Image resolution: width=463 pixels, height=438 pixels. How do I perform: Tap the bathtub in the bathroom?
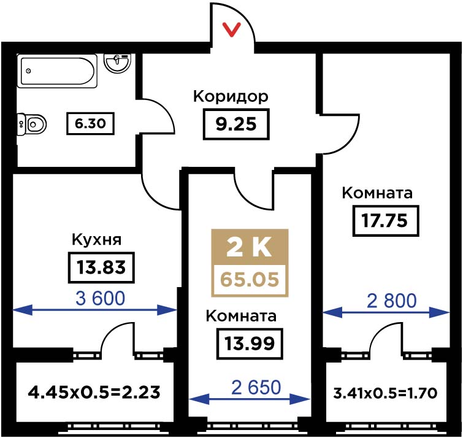(x=57, y=71)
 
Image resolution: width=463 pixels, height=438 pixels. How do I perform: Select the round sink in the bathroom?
(x=118, y=63)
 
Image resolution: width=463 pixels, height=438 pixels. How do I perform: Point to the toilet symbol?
(x=32, y=125)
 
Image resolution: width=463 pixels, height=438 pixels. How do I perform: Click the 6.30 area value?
(x=90, y=123)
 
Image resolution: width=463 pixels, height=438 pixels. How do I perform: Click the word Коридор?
(x=231, y=96)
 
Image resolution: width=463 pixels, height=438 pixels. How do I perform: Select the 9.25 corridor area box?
(x=236, y=124)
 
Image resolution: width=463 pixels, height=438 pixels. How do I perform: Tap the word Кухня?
(x=96, y=239)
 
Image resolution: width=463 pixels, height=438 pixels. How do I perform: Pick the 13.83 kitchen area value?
(x=101, y=267)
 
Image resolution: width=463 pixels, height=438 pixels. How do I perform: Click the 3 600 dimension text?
(x=101, y=298)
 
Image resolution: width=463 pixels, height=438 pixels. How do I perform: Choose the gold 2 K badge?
(x=250, y=247)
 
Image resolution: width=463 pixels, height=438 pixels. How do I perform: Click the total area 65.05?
(x=250, y=280)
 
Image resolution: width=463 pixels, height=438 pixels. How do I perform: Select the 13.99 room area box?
(x=250, y=344)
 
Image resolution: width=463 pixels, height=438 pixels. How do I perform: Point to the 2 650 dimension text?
(x=256, y=388)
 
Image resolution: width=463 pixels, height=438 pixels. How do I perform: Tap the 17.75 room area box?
(x=386, y=221)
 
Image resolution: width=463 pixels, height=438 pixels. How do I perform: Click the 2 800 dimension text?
(x=391, y=301)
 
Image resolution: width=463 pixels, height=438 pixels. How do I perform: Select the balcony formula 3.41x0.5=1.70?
(x=385, y=393)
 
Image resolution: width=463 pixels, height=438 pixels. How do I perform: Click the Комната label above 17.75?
(x=377, y=193)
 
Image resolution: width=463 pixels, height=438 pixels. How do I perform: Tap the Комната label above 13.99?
(x=241, y=316)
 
